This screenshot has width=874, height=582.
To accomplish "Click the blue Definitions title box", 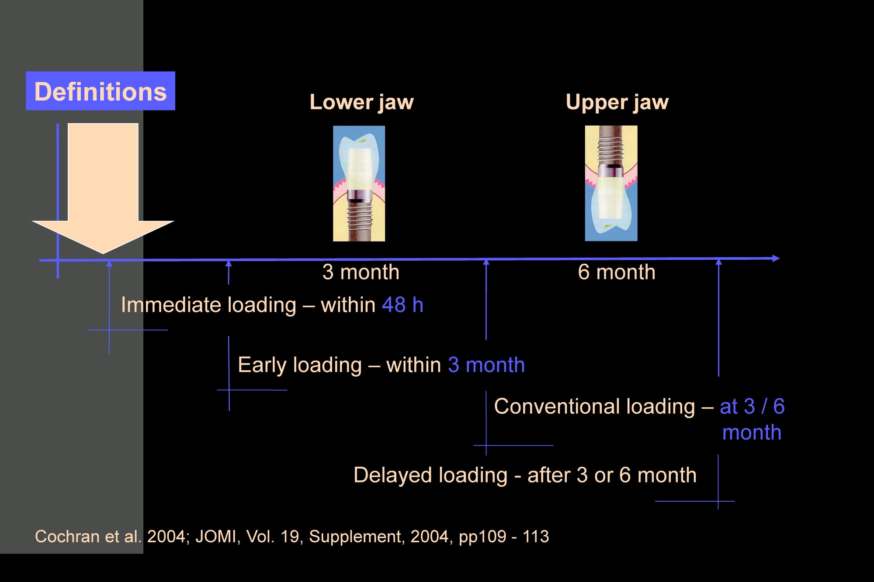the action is [101, 91].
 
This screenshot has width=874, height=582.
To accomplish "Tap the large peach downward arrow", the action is [103, 188].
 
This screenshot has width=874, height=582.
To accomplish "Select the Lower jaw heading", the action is [361, 103].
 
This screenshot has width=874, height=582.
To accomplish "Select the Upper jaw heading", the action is [617, 103].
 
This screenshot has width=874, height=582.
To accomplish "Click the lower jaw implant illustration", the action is [359, 183].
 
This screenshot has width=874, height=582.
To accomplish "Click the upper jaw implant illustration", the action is [611, 183].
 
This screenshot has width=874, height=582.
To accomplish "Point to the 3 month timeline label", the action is [361, 272].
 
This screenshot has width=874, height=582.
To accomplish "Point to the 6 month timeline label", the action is [617, 272].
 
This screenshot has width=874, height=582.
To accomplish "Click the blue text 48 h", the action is [402, 305].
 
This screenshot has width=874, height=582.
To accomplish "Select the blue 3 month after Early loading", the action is [486, 365].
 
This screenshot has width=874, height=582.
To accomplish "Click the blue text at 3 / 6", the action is [752, 406].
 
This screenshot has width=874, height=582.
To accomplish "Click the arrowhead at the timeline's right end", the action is [776, 258].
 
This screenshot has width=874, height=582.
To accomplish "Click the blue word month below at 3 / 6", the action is [752, 433].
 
